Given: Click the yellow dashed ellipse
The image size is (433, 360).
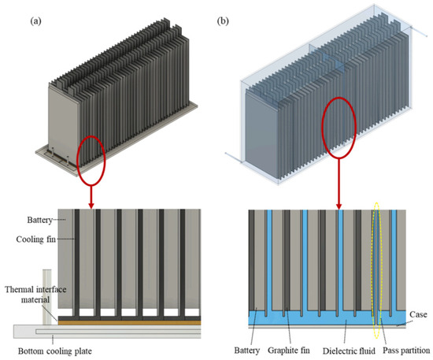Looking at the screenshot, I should pyautogui.click(x=376, y=263).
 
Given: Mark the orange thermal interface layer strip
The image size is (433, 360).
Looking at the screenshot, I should pyautogui.click(x=126, y=321).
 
